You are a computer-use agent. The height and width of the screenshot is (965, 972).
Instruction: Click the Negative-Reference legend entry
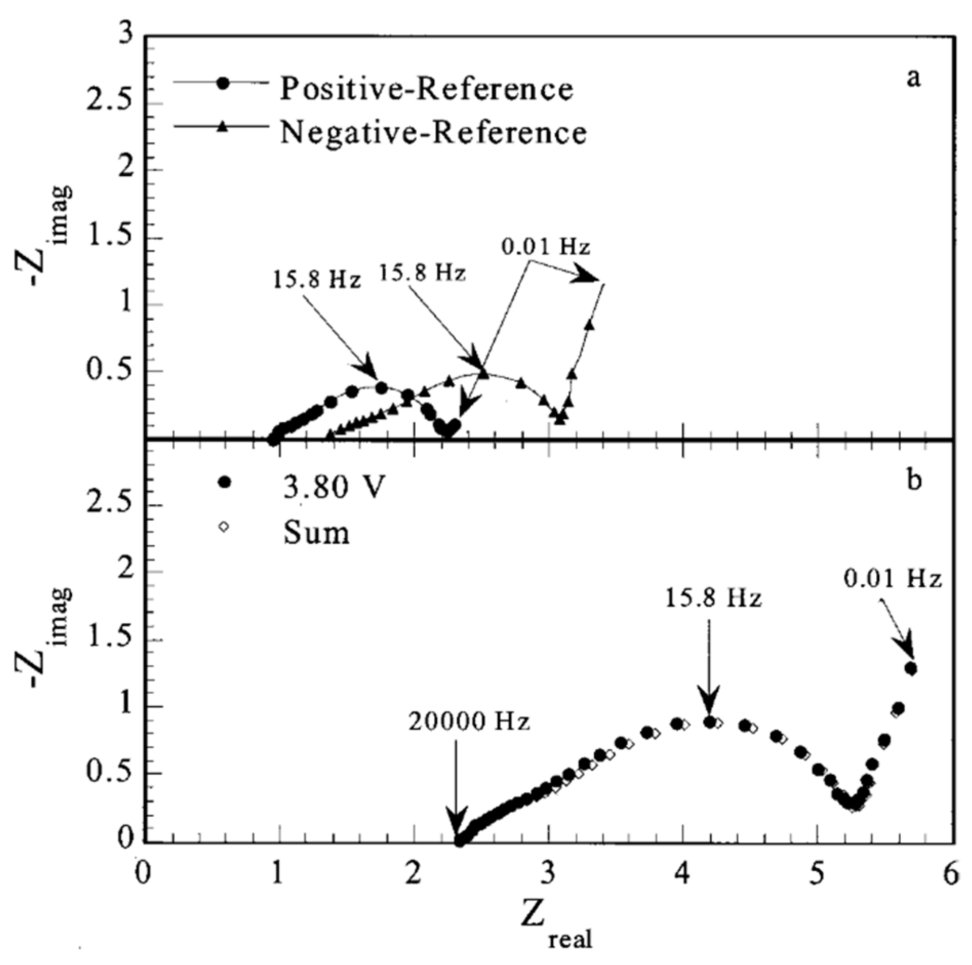(x=433, y=133)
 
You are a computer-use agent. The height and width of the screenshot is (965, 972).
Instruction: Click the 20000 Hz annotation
(x=469, y=722)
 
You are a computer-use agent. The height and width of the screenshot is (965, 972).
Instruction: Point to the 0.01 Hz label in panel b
(x=893, y=580)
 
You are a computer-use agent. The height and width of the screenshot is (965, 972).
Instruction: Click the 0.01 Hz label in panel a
(x=545, y=247)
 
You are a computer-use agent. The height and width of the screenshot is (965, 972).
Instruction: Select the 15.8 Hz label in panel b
(x=714, y=598)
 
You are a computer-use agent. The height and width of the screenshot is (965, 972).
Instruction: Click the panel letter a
(x=913, y=79)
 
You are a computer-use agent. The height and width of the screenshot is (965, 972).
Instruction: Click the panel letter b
(x=913, y=482)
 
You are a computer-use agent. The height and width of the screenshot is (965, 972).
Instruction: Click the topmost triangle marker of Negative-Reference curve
(x=590, y=325)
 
